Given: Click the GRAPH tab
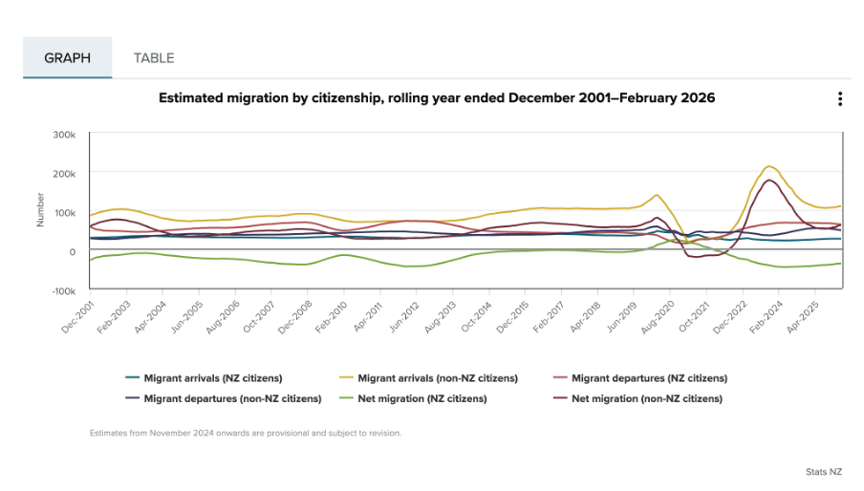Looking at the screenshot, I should [x=67, y=58].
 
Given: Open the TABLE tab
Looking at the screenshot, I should [x=154, y=58].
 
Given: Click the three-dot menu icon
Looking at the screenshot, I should [x=839, y=99].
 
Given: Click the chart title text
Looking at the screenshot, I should [x=436, y=98].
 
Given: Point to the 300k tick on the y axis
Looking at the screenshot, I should [x=64, y=135].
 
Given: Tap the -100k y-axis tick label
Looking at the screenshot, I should [x=62, y=290].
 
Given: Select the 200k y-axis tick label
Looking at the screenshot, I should [x=64, y=174].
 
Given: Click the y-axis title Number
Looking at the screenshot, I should [x=41, y=210].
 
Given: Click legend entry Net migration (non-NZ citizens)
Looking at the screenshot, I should [x=646, y=398].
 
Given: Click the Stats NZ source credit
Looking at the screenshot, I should [x=823, y=472].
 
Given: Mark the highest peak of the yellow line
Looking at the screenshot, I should [x=769, y=166].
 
